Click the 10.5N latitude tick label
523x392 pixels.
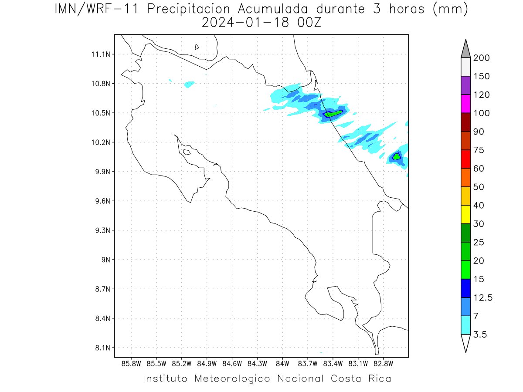[x=101, y=113]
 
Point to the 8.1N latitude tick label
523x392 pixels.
[x=102, y=348]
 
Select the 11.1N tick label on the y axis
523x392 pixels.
[x=101, y=54]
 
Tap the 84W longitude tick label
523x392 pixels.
[x=282, y=364]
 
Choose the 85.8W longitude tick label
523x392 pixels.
[x=131, y=364]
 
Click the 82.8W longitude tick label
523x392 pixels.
[x=383, y=364]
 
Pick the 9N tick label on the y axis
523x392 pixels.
[x=106, y=260]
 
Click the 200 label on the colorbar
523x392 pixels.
[x=481, y=58]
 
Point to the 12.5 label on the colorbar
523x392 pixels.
[x=483, y=298]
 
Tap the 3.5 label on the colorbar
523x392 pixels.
[x=480, y=335]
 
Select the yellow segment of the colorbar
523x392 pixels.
[x=465, y=214]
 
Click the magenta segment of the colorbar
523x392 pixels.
[x=465, y=104]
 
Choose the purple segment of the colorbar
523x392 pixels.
[x=465, y=85]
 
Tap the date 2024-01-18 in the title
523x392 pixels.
[x=245, y=23]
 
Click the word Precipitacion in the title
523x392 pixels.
[x=189, y=10]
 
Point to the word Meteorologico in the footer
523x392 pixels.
[x=232, y=379]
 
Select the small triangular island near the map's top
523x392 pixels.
[x=197, y=47]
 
